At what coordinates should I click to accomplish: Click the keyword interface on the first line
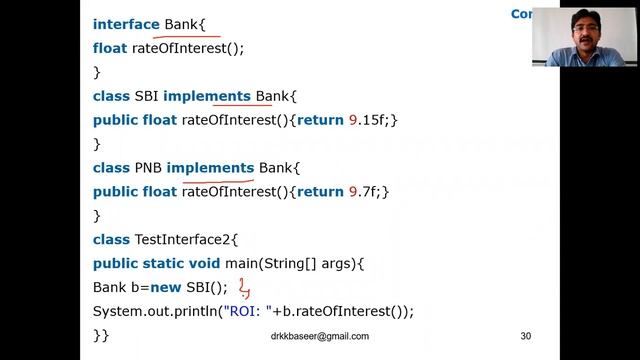pyautogui.click(x=126, y=24)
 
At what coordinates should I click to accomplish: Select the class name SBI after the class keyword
pyautogui.click(x=146, y=96)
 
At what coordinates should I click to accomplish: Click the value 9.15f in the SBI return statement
pyautogui.click(x=368, y=120)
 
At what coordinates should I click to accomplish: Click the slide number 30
pyautogui.click(x=525, y=336)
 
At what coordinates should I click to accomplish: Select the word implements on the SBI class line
pyautogui.click(x=207, y=96)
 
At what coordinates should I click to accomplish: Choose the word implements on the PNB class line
pyautogui.click(x=210, y=167)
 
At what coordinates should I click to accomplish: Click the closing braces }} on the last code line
pyautogui.click(x=101, y=336)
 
